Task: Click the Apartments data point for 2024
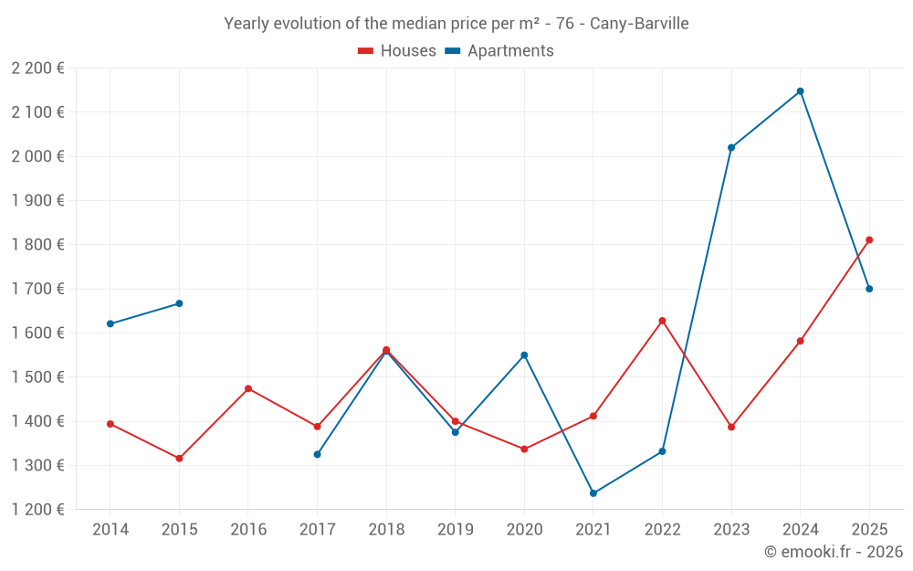point(800,91)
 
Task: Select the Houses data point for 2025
point(869,240)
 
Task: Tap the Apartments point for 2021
point(593,493)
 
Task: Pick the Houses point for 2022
point(662,321)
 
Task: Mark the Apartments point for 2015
point(179,303)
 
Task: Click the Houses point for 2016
point(248,389)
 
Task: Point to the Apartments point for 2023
point(731,147)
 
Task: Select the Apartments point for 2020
point(524,355)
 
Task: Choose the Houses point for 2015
point(179,459)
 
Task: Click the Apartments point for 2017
point(317,454)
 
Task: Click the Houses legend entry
point(397,51)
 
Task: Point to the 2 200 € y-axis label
point(37,69)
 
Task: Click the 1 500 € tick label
point(37,377)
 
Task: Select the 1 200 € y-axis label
point(37,510)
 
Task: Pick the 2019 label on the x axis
point(455,530)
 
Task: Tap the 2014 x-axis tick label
point(110,530)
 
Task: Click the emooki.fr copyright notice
point(833,552)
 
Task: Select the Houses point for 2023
point(731,427)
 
